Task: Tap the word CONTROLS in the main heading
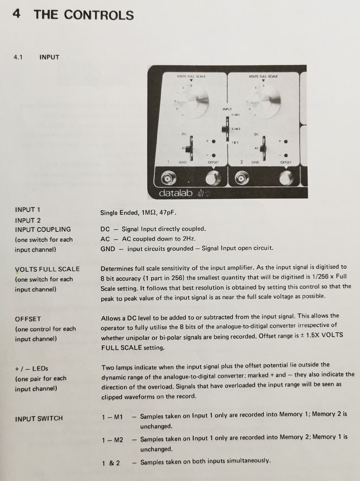click(99, 15)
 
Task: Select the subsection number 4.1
click(18, 57)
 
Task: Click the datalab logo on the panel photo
click(176, 193)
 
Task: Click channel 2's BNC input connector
click(242, 178)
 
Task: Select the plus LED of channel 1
click(214, 141)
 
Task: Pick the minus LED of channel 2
click(286, 155)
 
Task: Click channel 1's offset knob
click(213, 178)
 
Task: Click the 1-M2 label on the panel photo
click(236, 129)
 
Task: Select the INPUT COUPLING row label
click(43, 229)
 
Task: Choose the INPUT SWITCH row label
click(39, 418)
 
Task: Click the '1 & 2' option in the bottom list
click(111, 463)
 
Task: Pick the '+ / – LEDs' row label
click(32, 368)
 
